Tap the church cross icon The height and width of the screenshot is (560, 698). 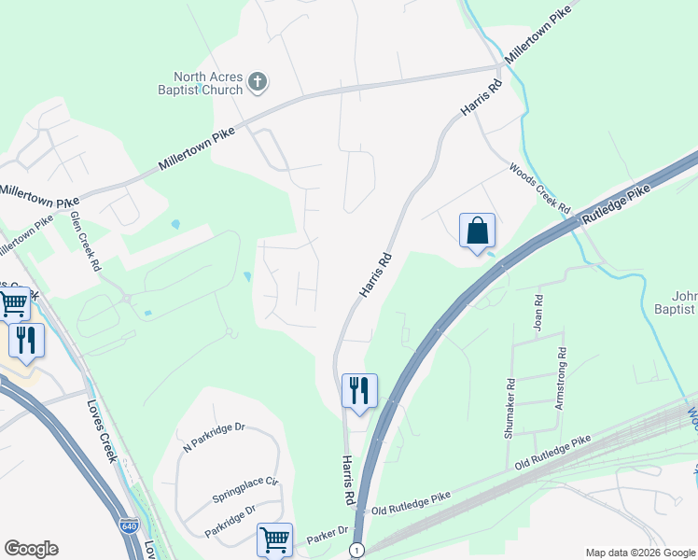[x=258, y=85]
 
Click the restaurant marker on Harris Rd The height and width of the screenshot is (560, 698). [x=359, y=391]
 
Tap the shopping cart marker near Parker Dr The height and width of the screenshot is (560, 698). [x=274, y=539]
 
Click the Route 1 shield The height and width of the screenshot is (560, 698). [x=356, y=552]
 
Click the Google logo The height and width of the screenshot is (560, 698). [x=31, y=549]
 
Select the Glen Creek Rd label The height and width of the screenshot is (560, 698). [x=86, y=240]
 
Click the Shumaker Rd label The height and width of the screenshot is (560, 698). [x=510, y=408]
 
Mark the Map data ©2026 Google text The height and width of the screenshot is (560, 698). [x=639, y=552]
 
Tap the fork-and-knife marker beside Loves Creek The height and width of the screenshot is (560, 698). [x=26, y=343]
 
